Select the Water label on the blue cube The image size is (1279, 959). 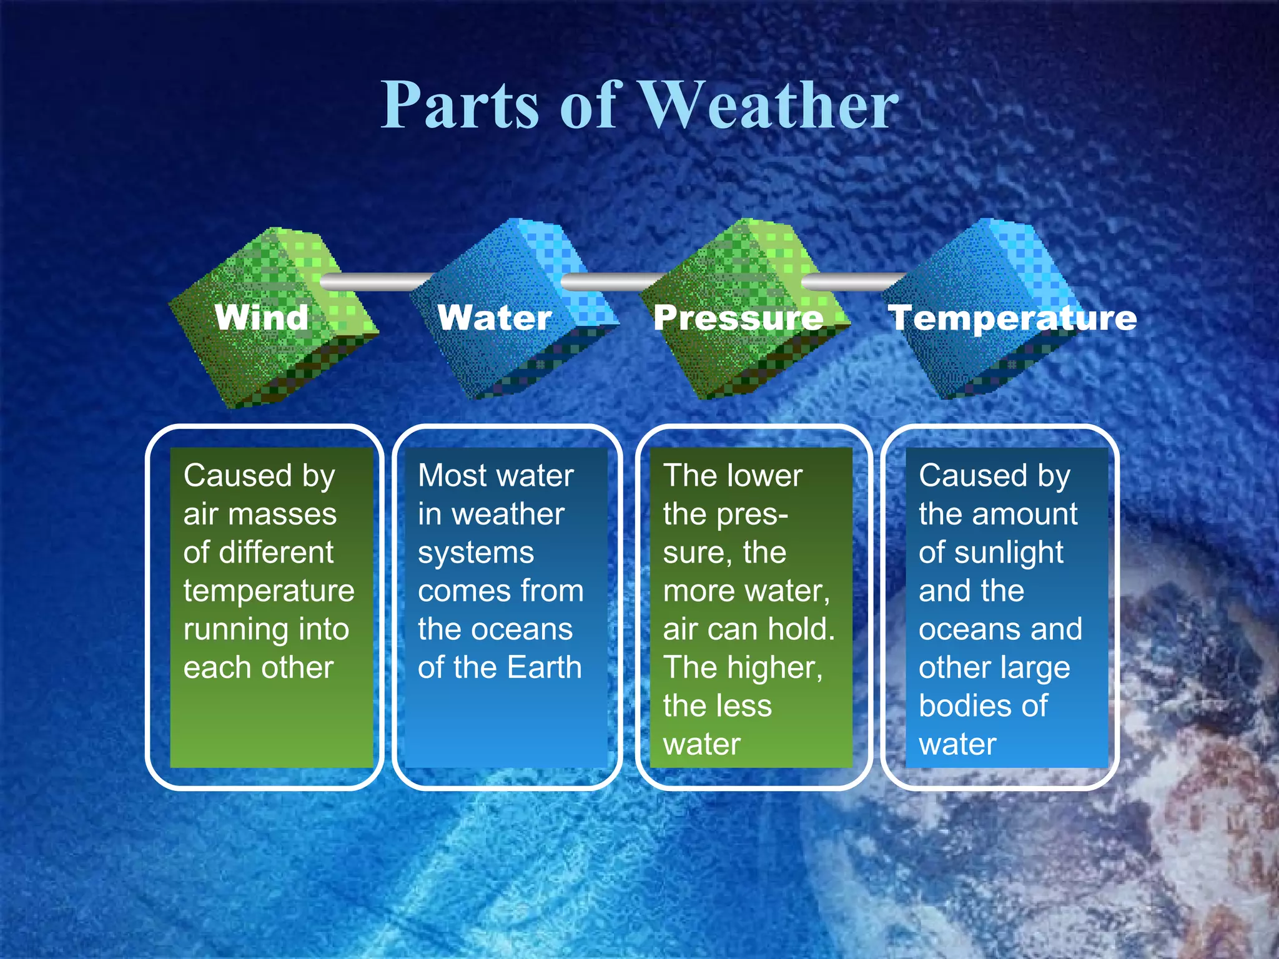[x=495, y=318]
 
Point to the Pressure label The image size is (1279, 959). [x=738, y=318]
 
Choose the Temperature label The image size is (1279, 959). [x=1012, y=318]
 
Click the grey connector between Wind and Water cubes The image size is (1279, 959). [x=375, y=282]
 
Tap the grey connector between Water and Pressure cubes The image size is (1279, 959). [x=612, y=282]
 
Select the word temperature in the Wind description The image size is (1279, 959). [x=269, y=591]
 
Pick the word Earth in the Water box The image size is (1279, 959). [x=544, y=667]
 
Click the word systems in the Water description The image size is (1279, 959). [x=476, y=553]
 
